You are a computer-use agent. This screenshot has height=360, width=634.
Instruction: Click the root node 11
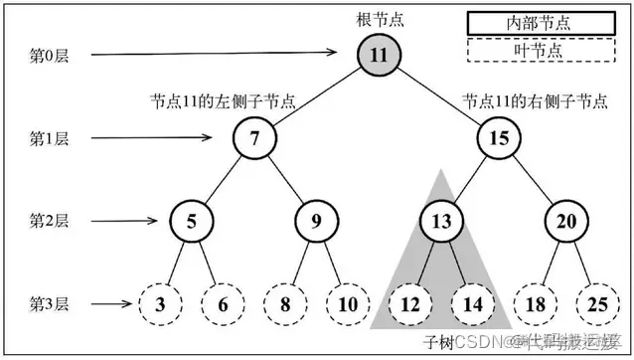[379, 55]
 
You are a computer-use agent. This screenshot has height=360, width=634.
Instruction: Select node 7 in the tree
[255, 138]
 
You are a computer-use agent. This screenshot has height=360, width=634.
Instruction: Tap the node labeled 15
[499, 138]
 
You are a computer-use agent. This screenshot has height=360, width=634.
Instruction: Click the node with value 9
[317, 220]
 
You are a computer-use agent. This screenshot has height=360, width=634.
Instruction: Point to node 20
[564, 220]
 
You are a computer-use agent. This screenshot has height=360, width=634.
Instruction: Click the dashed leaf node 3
[159, 303]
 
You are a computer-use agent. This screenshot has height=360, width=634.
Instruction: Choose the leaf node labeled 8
[285, 303]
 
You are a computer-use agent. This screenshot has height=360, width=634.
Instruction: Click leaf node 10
[347, 303]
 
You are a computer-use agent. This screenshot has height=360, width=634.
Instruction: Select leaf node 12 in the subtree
[408, 303]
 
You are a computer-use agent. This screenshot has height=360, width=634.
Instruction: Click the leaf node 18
[534, 303]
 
